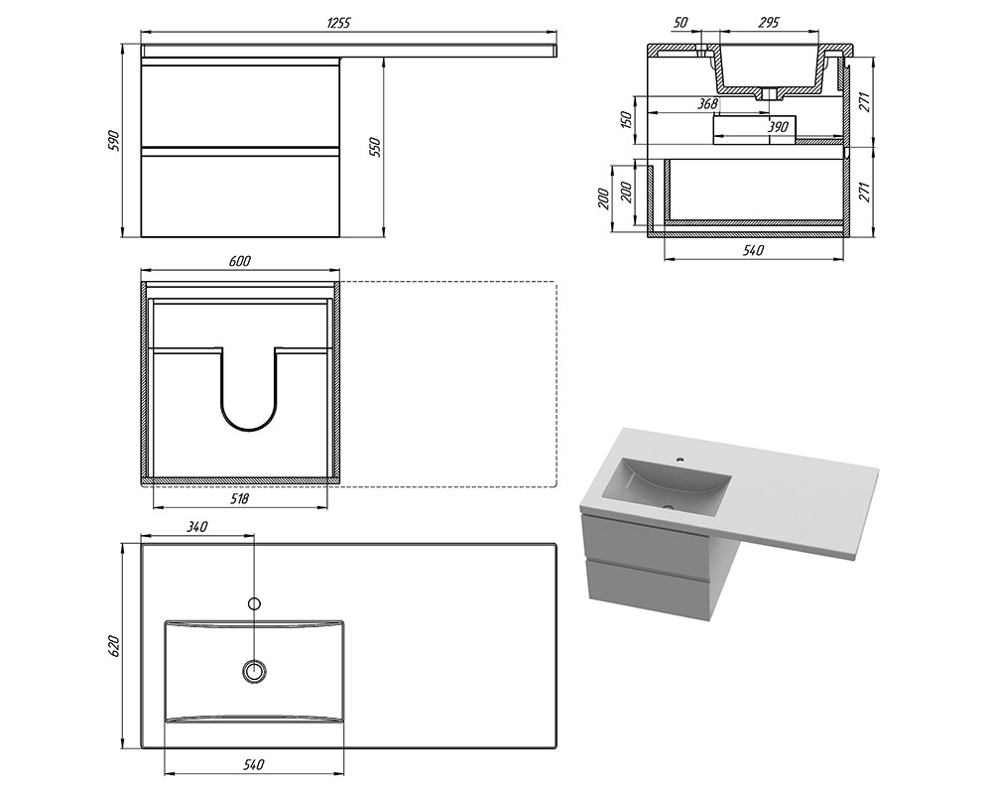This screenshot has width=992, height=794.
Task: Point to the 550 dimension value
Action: tap(375, 146)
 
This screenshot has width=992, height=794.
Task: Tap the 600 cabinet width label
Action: tap(240, 260)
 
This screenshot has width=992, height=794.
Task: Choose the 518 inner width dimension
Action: tap(239, 499)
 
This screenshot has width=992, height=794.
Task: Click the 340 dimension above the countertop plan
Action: tap(197, 526)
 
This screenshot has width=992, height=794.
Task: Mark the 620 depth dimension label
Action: tap(114, 645)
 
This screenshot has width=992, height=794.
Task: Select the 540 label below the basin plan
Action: tap(253, 765)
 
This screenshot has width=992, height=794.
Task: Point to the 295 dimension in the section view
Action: tap(768, 23)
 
